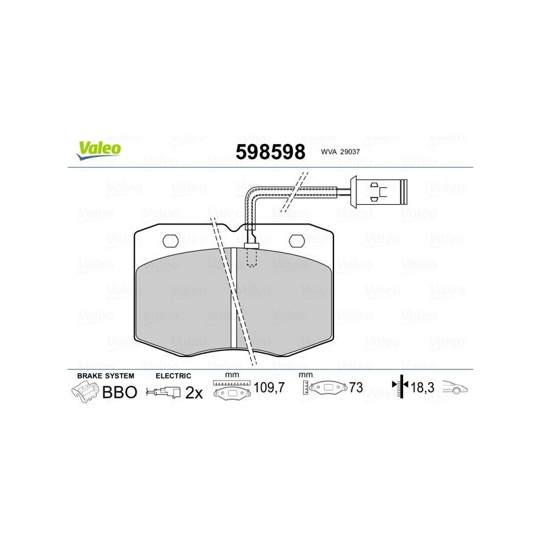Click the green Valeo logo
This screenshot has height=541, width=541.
[99, 151]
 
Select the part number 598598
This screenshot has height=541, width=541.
[270, 151]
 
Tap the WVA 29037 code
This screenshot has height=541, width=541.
[340, 151]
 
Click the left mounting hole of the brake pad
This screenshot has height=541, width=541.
[170, 241]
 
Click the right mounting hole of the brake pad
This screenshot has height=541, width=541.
[297, 241]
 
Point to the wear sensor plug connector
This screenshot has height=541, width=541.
[379, 192]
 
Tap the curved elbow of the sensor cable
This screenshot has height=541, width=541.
[251, 195]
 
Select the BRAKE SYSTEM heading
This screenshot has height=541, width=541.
[105, 376]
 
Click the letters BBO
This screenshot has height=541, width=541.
[120, 392]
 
